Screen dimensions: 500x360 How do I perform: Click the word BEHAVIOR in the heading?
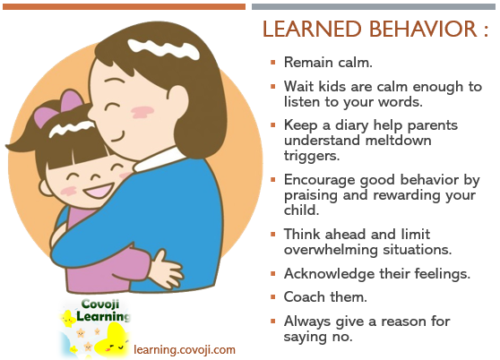point(423,29)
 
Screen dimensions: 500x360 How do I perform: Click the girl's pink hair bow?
point(59,107)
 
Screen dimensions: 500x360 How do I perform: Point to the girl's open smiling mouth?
point(99,191)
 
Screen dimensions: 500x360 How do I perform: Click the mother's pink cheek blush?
point(142,112)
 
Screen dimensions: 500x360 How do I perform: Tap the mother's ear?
point(178,103)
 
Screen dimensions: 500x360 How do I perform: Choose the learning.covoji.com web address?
point(185,349)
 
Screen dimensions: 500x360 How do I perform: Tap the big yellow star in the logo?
point(112,340)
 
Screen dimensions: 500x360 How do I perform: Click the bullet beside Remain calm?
point(272,62)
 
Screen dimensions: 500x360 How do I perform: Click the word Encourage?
point(319,181)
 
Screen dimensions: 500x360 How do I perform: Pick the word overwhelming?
point(331,250)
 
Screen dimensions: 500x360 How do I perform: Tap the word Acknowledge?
point(329,274)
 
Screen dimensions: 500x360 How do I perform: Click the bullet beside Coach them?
point(272,297)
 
